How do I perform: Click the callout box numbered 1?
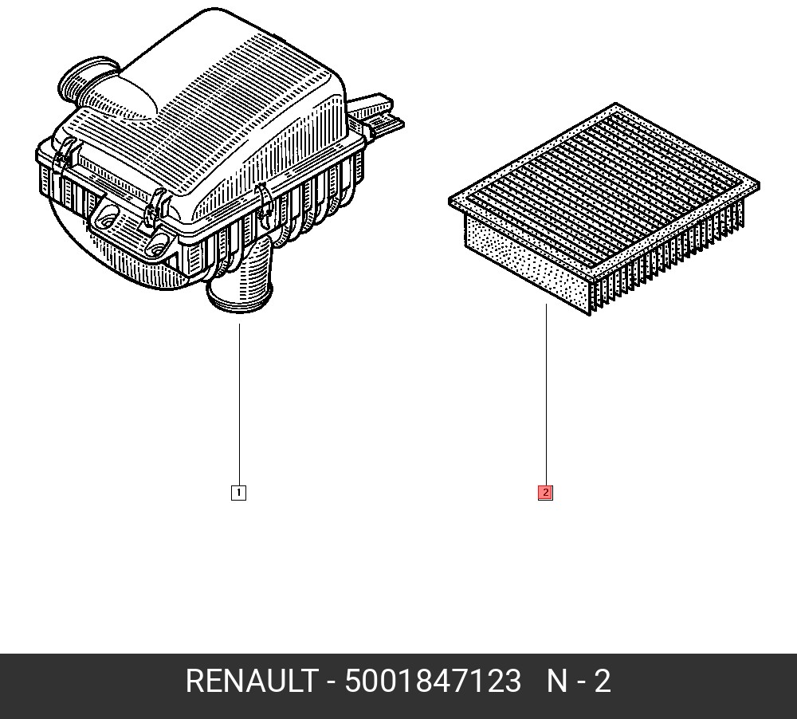point(238,493)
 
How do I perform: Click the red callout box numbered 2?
point(545,493)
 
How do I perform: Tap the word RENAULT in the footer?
point(252,681)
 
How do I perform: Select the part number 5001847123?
point(433,681)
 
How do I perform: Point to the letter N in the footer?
point(556,681)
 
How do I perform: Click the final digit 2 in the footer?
point(602,681)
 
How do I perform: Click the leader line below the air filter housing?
point(239,405)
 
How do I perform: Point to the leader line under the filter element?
point(547,395)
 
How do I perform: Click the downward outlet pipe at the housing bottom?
point(241,277)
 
